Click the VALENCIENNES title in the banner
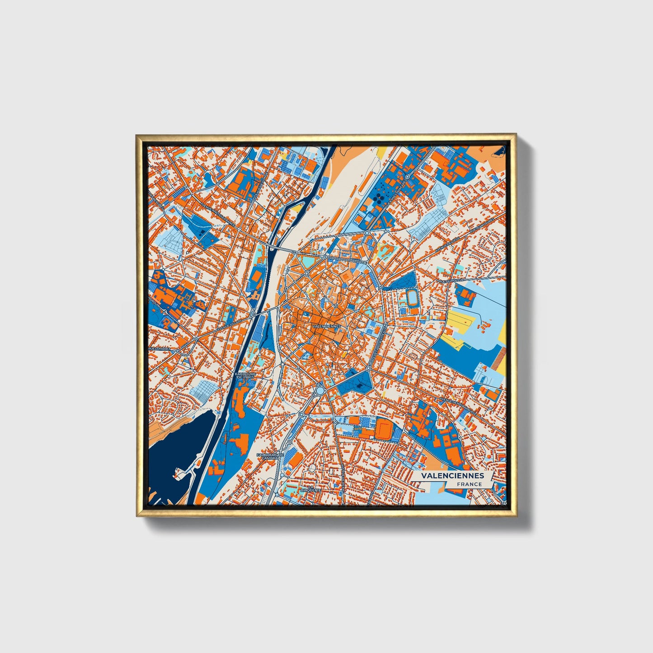click(452, 475)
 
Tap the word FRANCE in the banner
click(469, 484)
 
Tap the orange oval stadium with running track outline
click(385, 428)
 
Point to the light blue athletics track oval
click(412, 297)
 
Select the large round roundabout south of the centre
click(320, 390)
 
